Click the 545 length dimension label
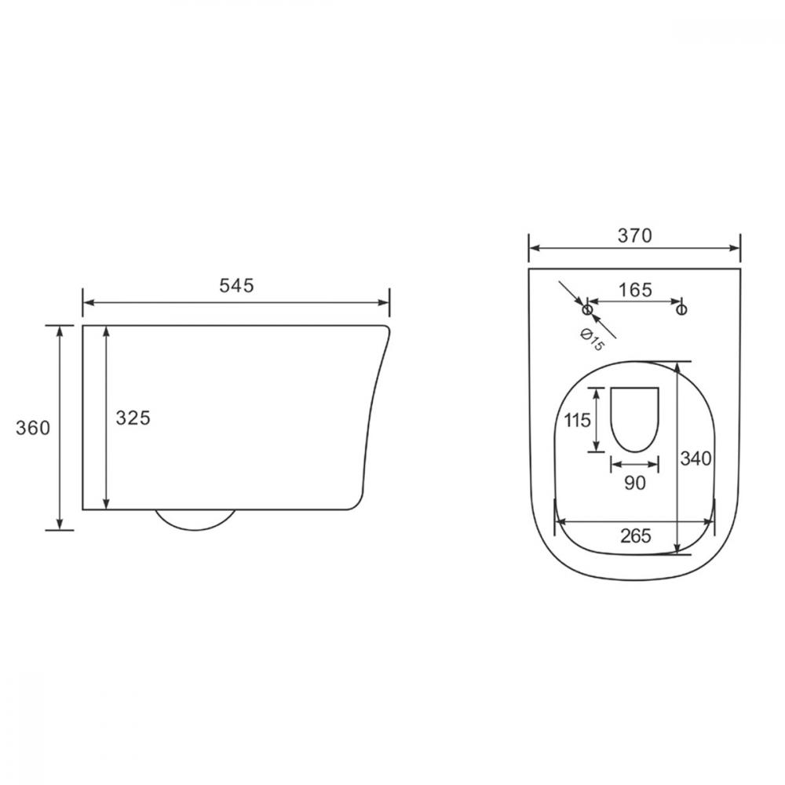[236, 286]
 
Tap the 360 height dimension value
[33, 428]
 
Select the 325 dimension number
[133, 418]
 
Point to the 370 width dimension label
[635, 235]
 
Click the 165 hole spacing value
[635, 290]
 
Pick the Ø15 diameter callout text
[592, 340]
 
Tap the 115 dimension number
[578, 420]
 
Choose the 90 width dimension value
[635, 483]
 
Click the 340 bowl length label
[696, 458]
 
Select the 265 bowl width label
[636, 535]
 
